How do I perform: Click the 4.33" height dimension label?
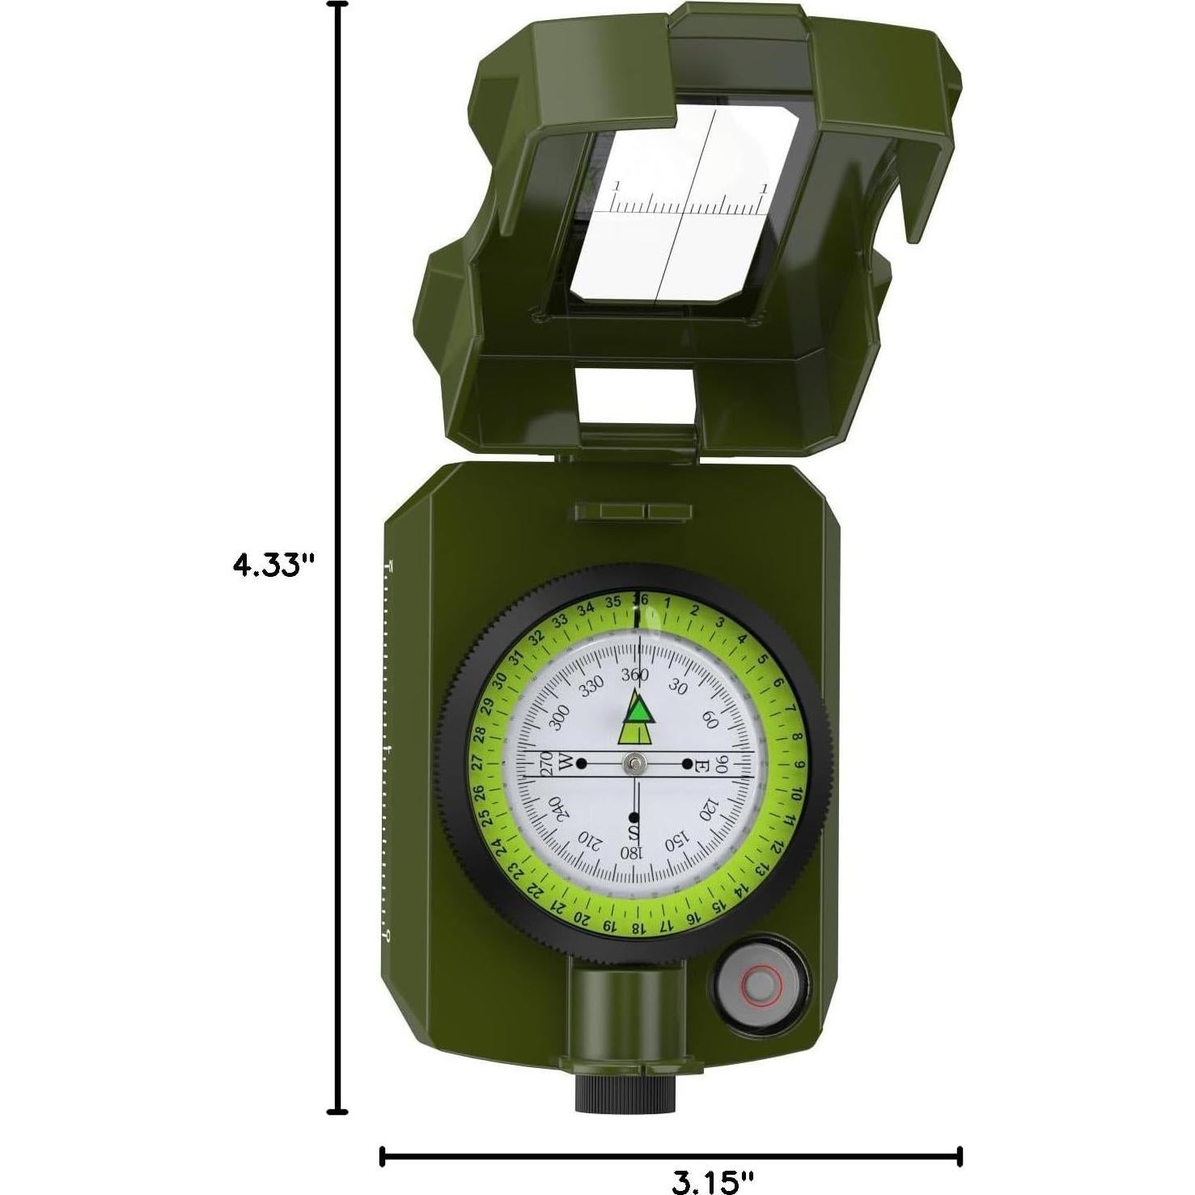pyautogui.click(x=272, y=564)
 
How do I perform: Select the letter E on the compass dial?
pyautogui.click(x=702, y=764)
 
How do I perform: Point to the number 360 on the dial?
pyautogui.click(x=635, y=674)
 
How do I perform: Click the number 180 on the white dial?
pyautogui.click(x=631, y=853)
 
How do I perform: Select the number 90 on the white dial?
pyautogui.click(x=723, y=764)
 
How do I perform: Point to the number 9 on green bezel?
pyautogui.click(x=799, y=765)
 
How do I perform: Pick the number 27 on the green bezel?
pyautogui.click(x=477, y=763)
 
